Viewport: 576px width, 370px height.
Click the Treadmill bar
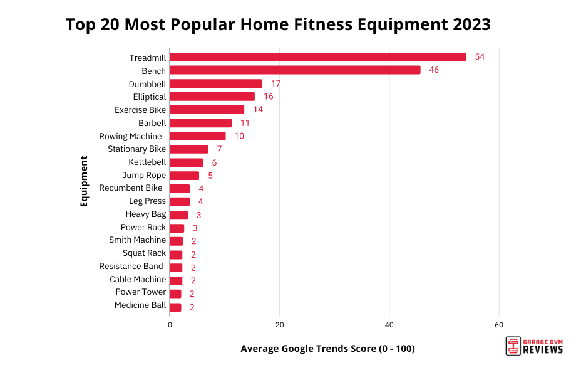pos(318,57)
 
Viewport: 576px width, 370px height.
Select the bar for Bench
pos(295,70)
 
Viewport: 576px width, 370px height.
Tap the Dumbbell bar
pos(216,83)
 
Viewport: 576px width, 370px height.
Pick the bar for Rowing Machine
pos(198,136)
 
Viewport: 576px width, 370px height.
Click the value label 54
pos(480,57)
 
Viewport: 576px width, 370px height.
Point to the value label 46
pos(434,70)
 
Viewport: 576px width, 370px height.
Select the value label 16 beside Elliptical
pos(269,97)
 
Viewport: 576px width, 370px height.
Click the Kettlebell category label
pos(147,162)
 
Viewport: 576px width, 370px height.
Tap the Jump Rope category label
pos(144,175)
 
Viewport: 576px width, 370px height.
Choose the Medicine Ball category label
pos(140,305)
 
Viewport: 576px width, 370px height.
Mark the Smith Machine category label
pos(137,240)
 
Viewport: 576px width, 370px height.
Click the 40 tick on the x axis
pos(389,325)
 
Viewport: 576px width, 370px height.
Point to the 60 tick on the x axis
pos(499,325)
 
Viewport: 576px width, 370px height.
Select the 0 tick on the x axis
pos(170,325)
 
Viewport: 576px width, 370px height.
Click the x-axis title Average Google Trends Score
pos(327,349)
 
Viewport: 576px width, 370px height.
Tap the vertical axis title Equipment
pos(84,181)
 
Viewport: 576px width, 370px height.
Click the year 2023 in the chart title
pos(466,25)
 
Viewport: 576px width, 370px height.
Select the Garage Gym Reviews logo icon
pos(513,346)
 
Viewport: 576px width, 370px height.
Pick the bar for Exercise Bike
pos(207,110)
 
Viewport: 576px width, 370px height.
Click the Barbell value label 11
pos(245,123)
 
